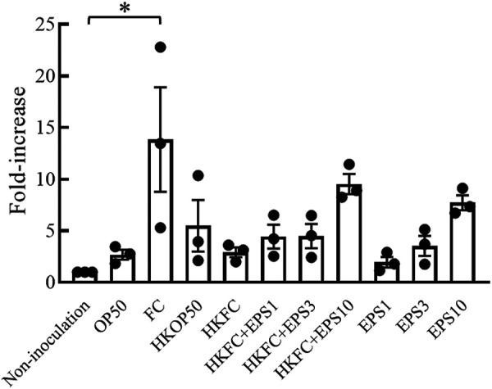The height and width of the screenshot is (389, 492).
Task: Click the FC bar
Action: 160,213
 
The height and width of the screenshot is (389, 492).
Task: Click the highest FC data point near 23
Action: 161,47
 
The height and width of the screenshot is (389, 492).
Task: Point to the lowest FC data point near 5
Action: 161,228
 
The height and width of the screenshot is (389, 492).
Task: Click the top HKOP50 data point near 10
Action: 198,175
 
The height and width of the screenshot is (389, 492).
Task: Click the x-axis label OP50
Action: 113,315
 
